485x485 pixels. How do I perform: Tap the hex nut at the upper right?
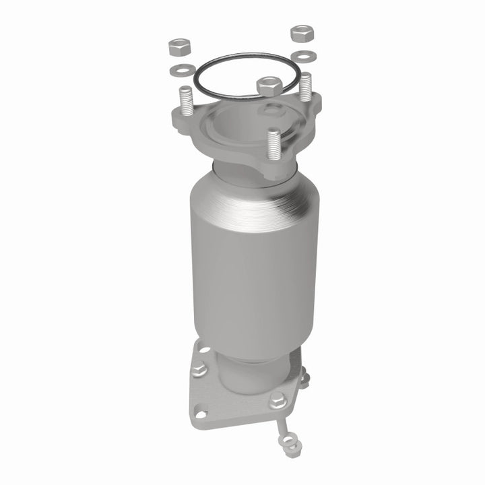[x=300, y=32]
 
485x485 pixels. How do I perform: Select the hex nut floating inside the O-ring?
[x=268, y=86]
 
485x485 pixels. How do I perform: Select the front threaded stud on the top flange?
[x=273, y=143]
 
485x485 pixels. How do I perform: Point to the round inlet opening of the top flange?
[x=236, y=128]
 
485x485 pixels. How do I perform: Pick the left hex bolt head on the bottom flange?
[x=199, y=368]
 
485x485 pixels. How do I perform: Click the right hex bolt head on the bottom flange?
[x=278, y=400]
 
